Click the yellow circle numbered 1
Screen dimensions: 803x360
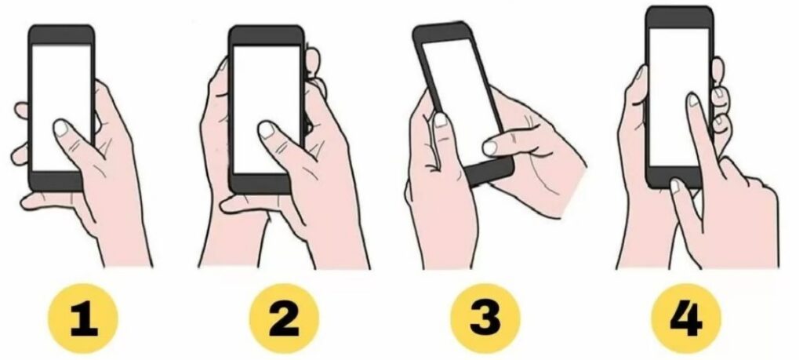click(x=82, y=318)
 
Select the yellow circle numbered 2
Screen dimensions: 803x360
click(x=284, y=318)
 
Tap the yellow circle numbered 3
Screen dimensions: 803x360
click(x=485, y=318)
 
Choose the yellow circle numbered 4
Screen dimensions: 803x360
click(x=685, y=318)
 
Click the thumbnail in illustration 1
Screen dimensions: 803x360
click(x=61, y=127)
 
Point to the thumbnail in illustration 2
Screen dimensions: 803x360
click(x=267, y=129)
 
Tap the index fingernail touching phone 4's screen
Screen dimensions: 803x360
click(x=693, y=100)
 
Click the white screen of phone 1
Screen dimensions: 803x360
click(x=61, y=107)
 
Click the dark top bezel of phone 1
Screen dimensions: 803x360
click(x=61, y=35)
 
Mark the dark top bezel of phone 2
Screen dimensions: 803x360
click(x=267, y=35)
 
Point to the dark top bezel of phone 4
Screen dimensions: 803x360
click(x=679, y=17)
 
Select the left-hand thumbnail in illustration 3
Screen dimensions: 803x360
click(x=441, y=120)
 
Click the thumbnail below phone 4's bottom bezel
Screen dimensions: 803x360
click(x=675, y=185)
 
